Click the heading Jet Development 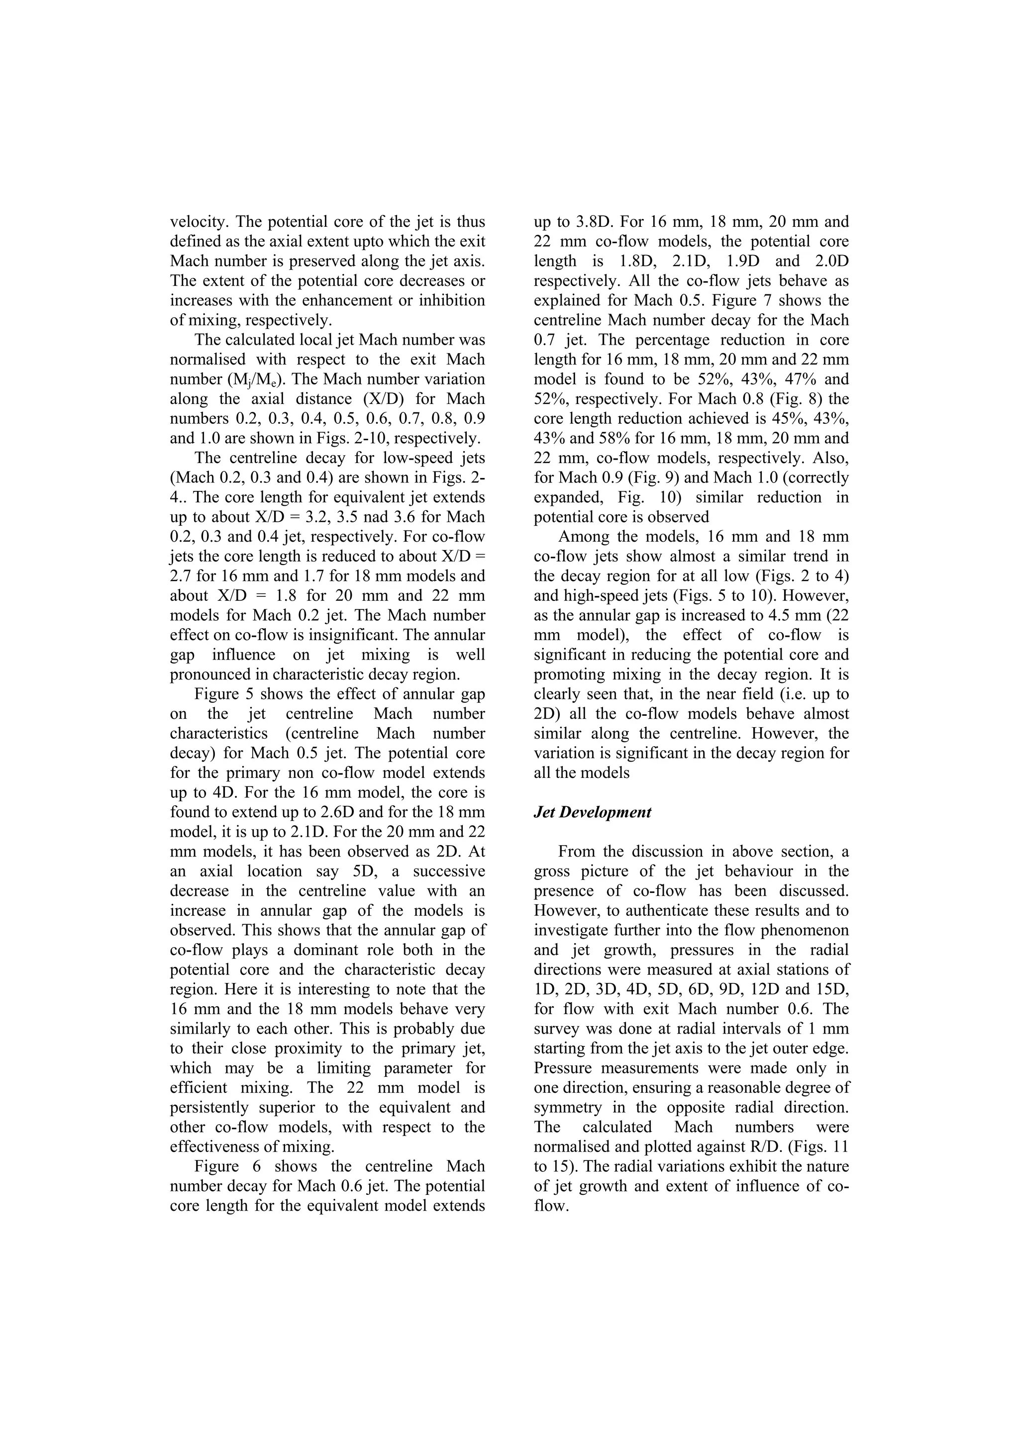[592, 812]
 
